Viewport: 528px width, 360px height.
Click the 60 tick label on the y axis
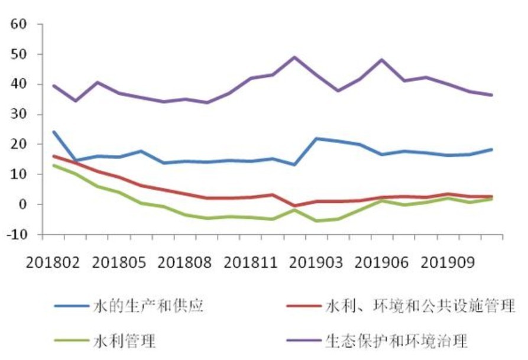pyautogui.click(x=20, y=25)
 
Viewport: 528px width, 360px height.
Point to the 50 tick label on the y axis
pyautogui.click(x=20, y=55)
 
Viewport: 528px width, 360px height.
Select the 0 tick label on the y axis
pyautogui.click(x=24, y=205)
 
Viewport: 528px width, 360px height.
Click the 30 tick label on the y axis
pyautogui.click(x=20, y=115)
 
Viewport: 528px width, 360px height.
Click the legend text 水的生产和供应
pyautogui.click(x=149, y=306)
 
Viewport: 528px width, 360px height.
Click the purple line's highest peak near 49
pyautogui.click(x=294, y=57)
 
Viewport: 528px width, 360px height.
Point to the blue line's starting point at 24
pyautogui.click(x=54, y=132)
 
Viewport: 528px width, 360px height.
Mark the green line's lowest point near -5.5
pyautogui.click(x=318, y=221)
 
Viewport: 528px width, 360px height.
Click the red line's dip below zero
pyautogui.click(x=294, y=206)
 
